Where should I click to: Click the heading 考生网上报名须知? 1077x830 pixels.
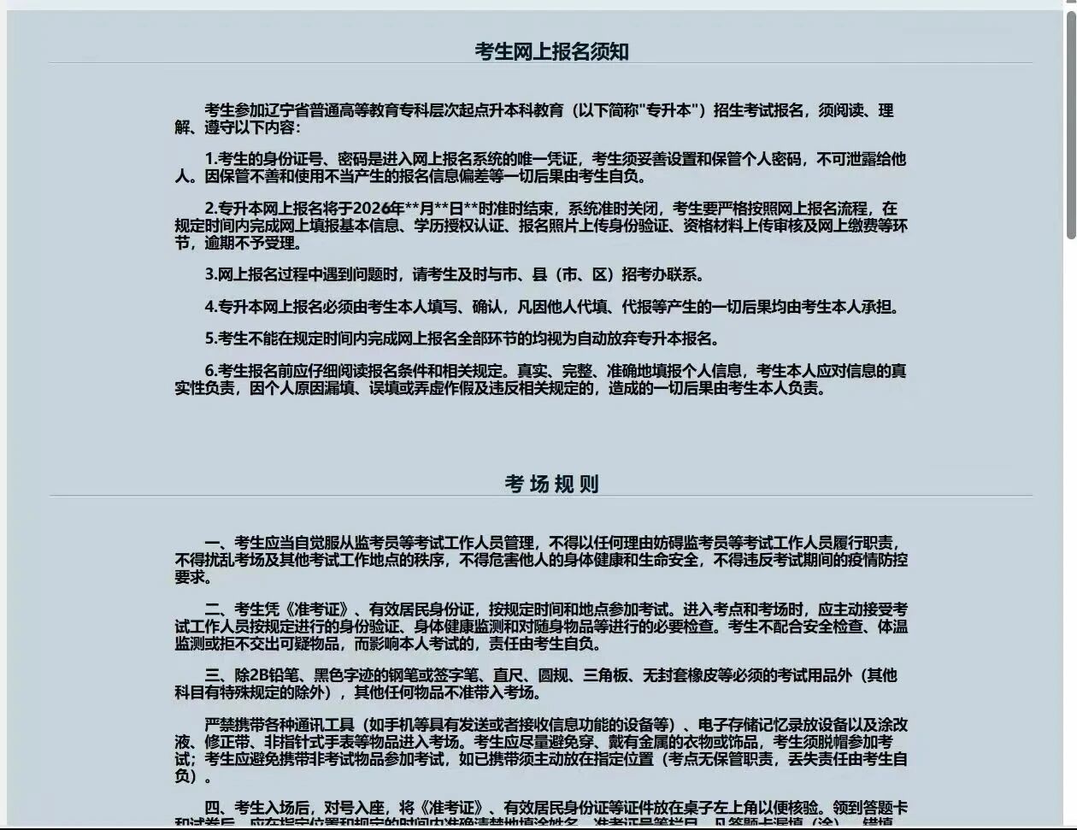[x=551, y=52]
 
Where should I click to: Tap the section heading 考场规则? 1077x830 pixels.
[x=551, y=485]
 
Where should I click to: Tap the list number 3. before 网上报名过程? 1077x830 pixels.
[x=211, y=275]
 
